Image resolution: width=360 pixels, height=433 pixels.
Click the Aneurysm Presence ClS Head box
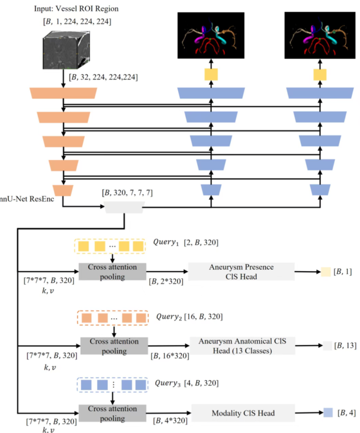[241, 271]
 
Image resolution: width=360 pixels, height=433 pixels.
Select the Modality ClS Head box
[243, 413]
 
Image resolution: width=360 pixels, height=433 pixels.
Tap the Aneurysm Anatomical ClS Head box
[242, 346]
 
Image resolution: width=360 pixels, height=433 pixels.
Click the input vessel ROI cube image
[66, 50]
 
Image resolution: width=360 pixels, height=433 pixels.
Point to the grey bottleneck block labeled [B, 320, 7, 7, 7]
[124, 207]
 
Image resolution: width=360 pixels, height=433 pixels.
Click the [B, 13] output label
[345, 346]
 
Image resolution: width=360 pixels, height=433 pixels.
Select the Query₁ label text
[166, 242]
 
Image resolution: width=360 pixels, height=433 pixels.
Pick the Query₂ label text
[169, 316]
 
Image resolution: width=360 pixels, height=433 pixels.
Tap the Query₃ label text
[167, 383]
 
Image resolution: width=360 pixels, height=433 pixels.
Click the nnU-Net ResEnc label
[27, 199]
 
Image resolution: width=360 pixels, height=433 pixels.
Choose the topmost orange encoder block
[63, 93]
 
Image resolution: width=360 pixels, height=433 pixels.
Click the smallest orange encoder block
[63, 190]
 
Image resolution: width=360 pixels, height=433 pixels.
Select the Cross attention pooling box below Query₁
[112, 271]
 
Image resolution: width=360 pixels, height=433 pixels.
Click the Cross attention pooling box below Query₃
[112, 413]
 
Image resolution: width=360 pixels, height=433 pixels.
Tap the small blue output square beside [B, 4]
[328, 413]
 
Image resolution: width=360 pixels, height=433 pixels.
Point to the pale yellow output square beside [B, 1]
[326, 272]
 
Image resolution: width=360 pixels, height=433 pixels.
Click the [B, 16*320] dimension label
[170, 356]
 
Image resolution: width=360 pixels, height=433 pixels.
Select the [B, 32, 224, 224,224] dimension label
[103, 77]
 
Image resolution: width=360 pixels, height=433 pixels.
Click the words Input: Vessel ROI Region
[76, 9]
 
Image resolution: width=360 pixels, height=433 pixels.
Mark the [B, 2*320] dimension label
[166, 281]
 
